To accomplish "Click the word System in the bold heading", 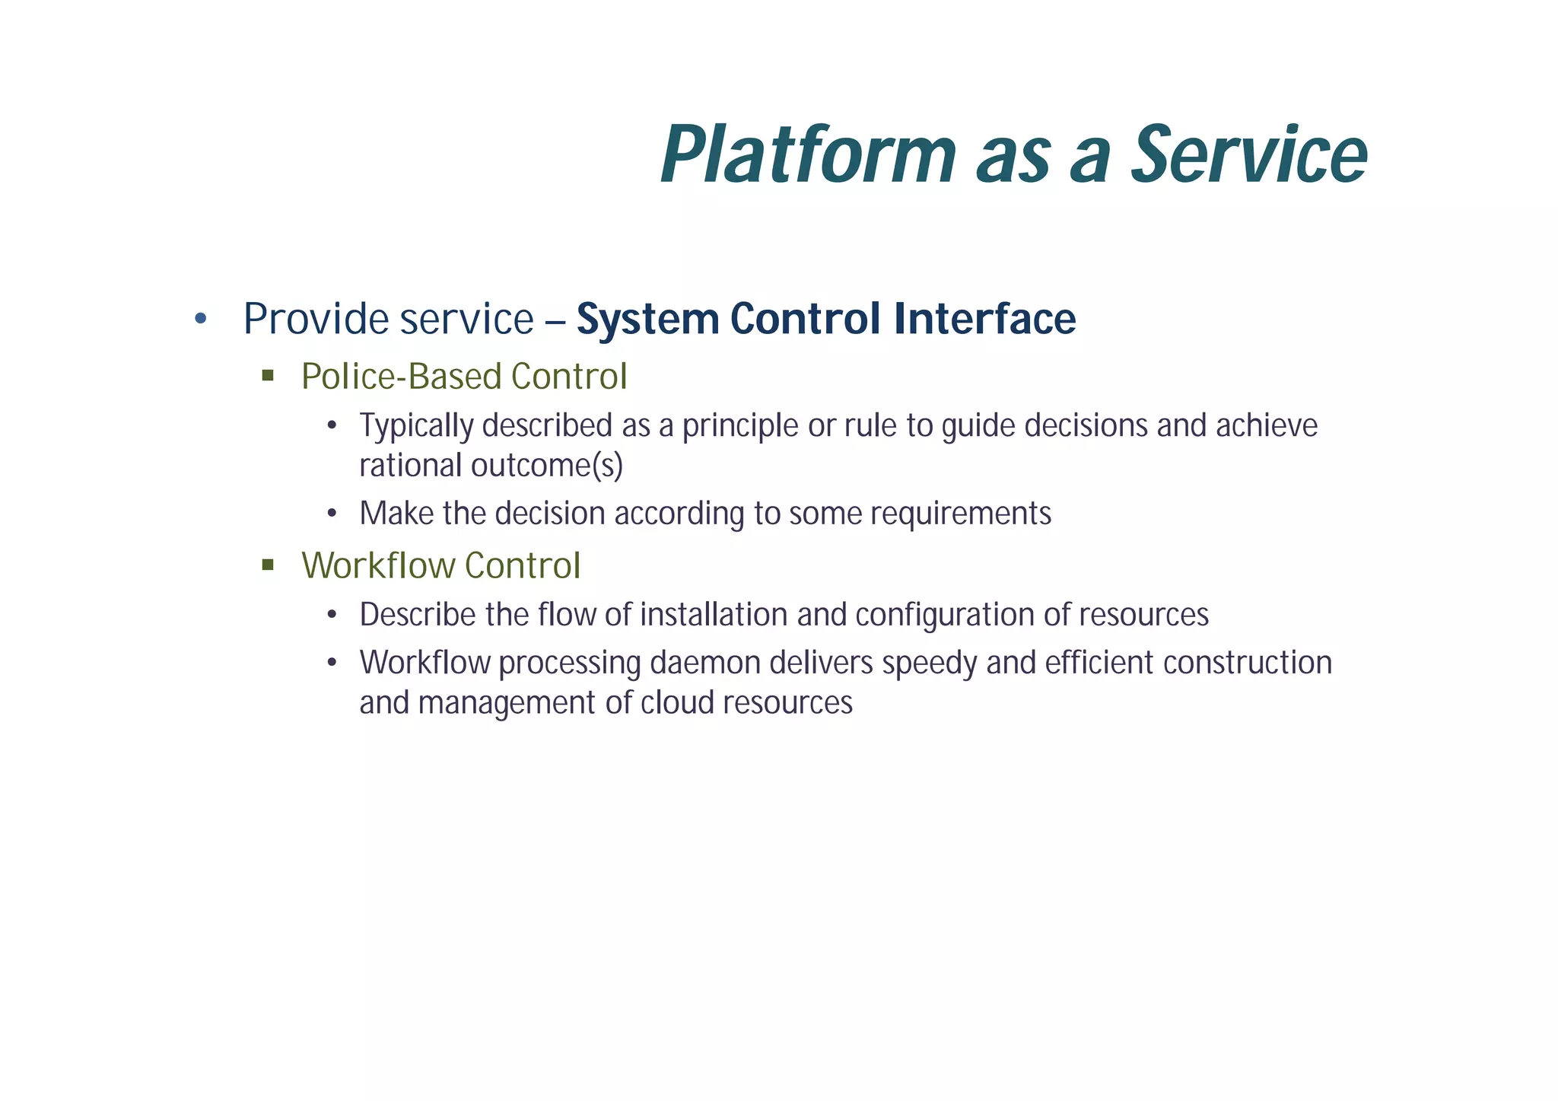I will (x=647, y=320).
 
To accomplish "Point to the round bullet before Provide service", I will (x=200, y=319).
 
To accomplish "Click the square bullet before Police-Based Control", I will (x=267, y=375).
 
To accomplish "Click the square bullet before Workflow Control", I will (x=267, y=565).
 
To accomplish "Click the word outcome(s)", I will (x=546, y=466).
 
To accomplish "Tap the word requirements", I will (x=961, y=514).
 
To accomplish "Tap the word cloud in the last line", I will (x=677, y=703).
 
